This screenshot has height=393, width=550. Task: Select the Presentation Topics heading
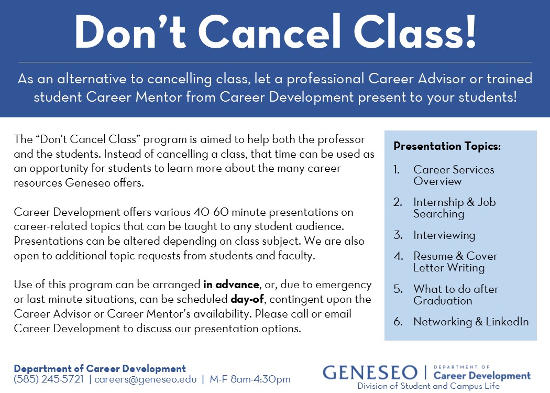[x=447, y=146]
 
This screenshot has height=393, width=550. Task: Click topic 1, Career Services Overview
[x=454, y=175]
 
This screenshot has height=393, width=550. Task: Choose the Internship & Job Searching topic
[x=454, y=208]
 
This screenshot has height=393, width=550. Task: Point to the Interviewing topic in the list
[x=444, y=235]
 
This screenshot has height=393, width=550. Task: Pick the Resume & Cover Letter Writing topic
[x=455, y=262]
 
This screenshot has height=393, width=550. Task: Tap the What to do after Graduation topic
[x=456, y=294]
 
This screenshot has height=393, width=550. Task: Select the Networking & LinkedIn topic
[x=471, y=321]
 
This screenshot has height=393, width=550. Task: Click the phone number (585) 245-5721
[x=49, y=379]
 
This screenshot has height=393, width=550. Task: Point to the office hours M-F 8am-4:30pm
[x=250, y=379]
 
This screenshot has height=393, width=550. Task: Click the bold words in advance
[x=231, y=284]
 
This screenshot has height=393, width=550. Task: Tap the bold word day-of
[x=247, y=299]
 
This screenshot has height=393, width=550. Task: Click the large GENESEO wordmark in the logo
[x=370, y=373]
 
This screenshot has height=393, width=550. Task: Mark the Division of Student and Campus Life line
[x=428, y=386]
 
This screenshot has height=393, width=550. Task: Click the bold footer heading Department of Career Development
[x=100, y=369]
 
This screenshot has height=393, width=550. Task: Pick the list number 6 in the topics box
[x=398, y=321]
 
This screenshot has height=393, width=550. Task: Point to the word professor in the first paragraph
[x=342, y=140]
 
